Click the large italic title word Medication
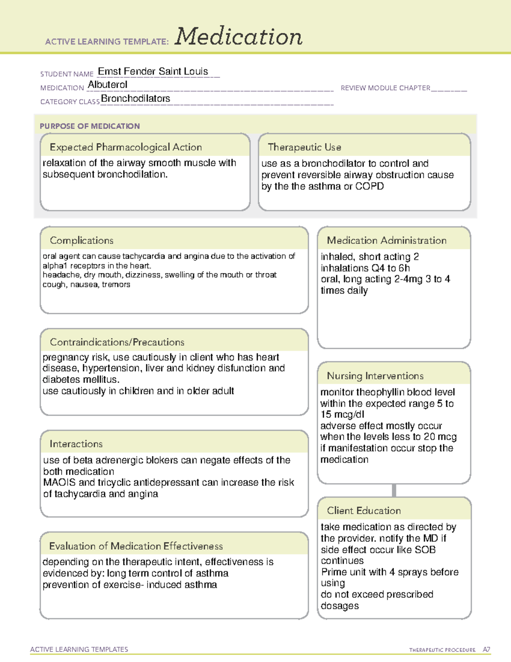[238, 37]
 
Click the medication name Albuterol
[107, 85]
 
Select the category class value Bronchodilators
[135, 98]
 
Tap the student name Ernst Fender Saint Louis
[153, 71]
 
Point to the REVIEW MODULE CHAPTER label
[385, 88]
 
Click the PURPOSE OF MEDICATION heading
[90, 126]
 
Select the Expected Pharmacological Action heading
[126, 147]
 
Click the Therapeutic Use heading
[304, 147]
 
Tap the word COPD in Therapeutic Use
[370, 186]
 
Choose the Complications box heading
[82, 240]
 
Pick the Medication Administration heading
[387, 240]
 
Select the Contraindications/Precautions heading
[117, 342]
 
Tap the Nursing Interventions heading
[375, 376]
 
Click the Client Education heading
[364, 511]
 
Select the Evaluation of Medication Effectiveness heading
[136, 546]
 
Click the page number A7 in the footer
[486, 650]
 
